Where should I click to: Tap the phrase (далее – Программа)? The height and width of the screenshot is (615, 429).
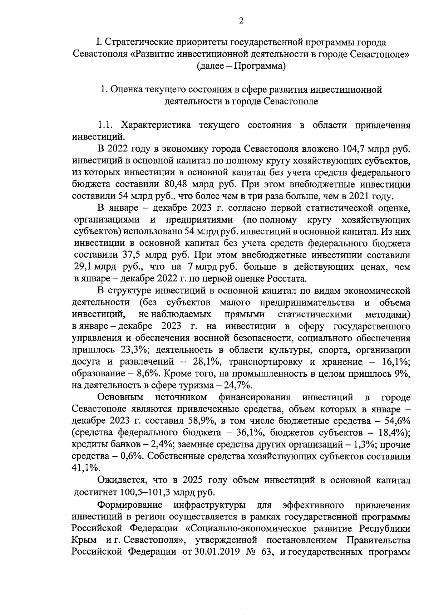click(x=241, y=66)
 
